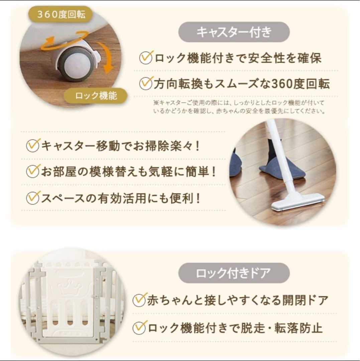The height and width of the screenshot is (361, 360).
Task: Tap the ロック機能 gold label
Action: (x=96, y=96)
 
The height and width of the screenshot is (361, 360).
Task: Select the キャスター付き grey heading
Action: (x=234, y=32)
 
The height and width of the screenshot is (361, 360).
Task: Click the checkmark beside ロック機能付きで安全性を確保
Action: (x=146, y=57)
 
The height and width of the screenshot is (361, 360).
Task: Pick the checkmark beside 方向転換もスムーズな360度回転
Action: (x=146, y=83)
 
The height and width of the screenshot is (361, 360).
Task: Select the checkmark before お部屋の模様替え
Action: (x=33, y=171)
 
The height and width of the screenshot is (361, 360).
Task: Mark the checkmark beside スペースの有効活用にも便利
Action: (x=33, y=198)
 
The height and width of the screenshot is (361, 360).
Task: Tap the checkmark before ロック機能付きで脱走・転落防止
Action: (x=140, y=327)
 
